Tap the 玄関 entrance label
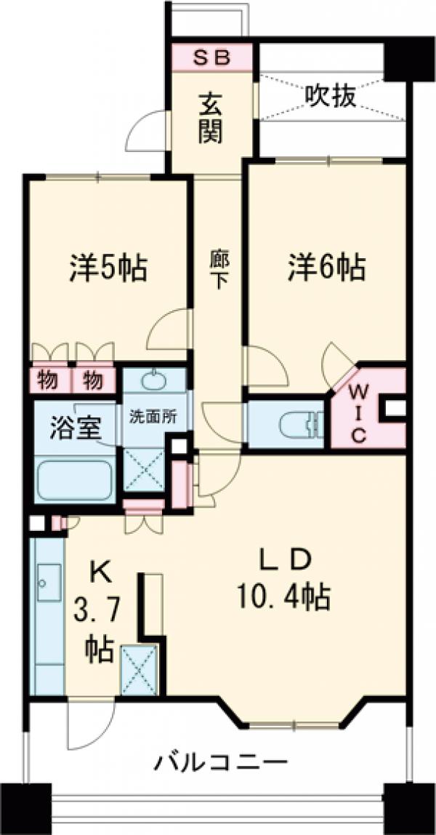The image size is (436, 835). coord(211,119)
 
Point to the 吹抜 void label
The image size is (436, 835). coord(330,95)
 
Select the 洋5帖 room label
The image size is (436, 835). coord(109,269)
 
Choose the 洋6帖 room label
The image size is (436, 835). coord(324,269)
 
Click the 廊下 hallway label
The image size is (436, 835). coord(216,270)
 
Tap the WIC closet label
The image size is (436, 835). coord(360,414)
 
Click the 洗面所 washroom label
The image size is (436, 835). coord(153,417)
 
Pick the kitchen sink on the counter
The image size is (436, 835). coord(48,582)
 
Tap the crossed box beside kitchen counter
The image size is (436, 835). coord(139,669)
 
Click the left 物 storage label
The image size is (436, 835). coord(48,379)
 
